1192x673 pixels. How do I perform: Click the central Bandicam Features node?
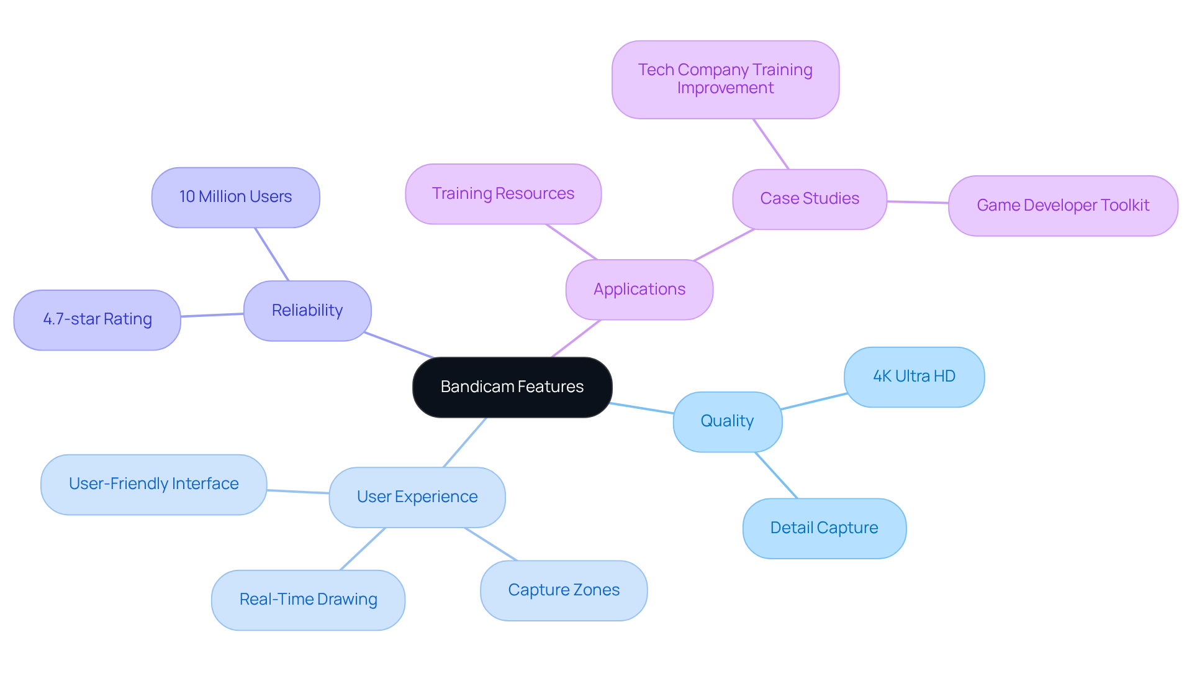tap(512, 387)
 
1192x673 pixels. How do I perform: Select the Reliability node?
tap(307, 311)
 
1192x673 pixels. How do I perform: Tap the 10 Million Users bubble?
tap(235, 197)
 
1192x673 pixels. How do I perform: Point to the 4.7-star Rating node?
tap(97, 319)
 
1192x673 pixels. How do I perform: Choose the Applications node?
tap(639, 290)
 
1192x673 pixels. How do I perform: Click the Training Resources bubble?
tap(503, 194)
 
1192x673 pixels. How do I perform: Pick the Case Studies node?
tap(810, 199)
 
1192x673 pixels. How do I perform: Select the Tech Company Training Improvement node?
tap(725, 79)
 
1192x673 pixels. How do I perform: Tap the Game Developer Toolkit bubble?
tap(1062, 206)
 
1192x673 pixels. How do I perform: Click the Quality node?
tap(727, 421)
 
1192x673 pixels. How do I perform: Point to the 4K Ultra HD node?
tap(914, 377)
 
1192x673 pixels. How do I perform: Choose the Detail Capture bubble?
tap(824, 528)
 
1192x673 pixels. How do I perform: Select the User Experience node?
tap(417, 497)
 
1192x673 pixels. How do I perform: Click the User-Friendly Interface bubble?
tap(153, 484)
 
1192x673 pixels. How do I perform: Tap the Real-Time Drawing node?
tap(308, 600)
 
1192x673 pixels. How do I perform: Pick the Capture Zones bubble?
tap(564, 590)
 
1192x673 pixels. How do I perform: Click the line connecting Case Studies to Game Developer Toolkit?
tap(918, 202)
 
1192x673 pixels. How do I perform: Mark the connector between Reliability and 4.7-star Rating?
tap(212, 315)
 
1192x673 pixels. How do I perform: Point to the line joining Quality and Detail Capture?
tap(776, 475)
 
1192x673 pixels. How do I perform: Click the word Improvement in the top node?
tap(725, 88)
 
